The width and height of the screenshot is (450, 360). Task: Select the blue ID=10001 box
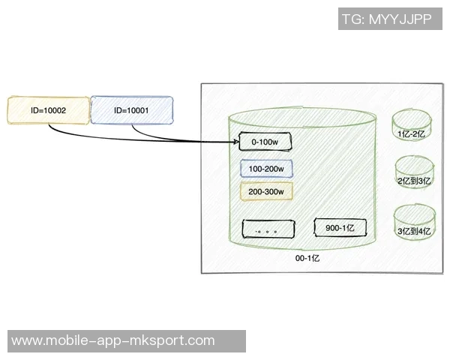tap(130, 109)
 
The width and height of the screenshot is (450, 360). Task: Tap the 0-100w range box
tap(265, 141)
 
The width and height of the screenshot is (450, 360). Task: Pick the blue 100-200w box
tap(266, 169)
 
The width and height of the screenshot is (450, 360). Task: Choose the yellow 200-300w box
tap(266, 191)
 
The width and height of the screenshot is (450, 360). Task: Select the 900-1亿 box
tap(340, 227)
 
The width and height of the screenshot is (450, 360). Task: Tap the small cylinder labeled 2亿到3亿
tap(414, 175)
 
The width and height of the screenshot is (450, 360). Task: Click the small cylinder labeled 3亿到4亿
tap(414, 224)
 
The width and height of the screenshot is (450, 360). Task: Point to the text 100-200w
tap(266, 169)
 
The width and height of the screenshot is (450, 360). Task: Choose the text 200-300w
tap(266, 192)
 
